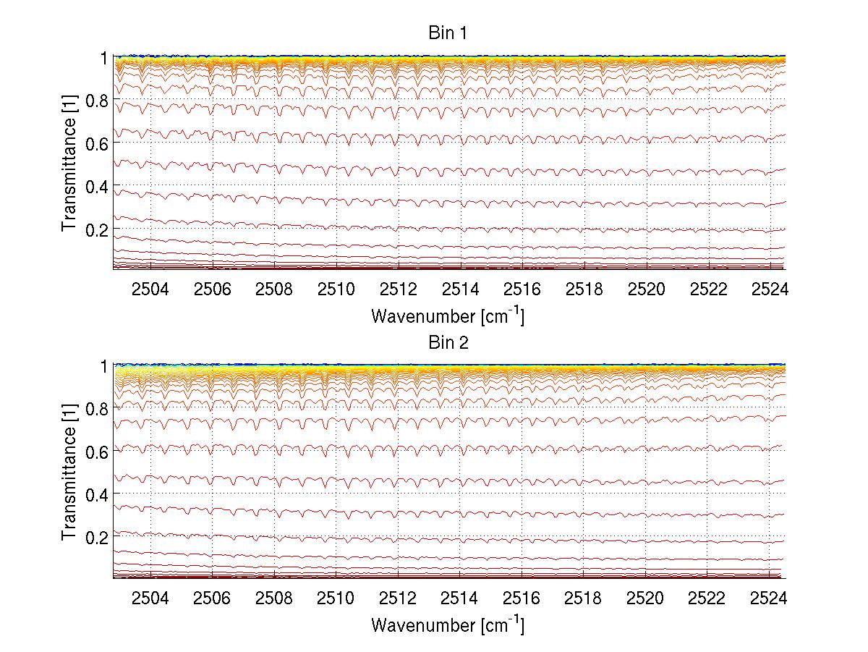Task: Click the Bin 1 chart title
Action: click(447, 34)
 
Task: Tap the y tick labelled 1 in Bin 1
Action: click(105, 57)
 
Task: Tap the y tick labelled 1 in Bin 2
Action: click(105, 366)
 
